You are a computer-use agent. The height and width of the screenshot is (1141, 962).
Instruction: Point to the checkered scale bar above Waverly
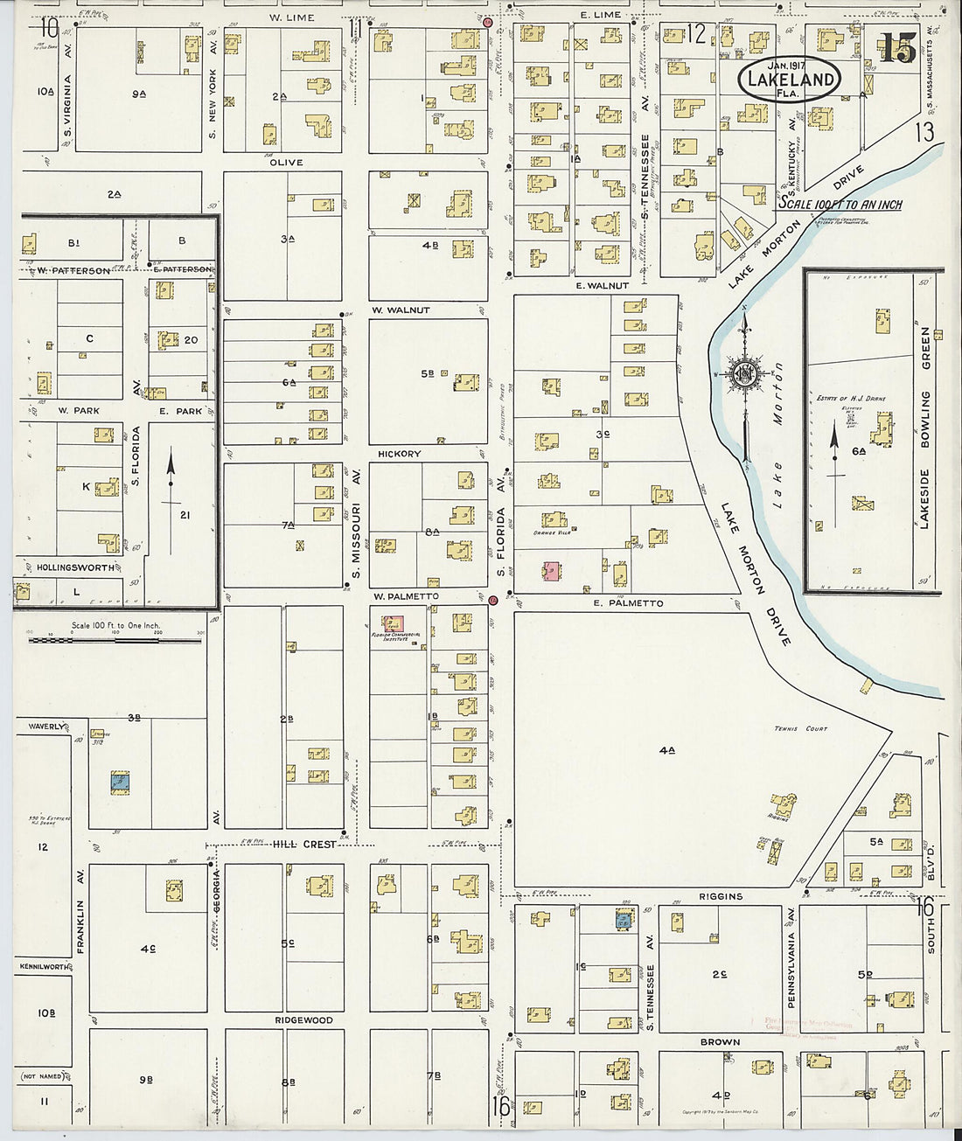115,640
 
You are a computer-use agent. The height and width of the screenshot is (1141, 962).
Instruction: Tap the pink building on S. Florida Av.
552,572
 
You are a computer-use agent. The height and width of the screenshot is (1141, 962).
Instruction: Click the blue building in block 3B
120,782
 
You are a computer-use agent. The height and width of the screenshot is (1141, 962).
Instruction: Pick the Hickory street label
399,454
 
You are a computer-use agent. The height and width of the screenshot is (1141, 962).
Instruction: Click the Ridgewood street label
303,1020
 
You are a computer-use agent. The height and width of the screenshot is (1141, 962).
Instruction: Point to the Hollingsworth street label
75,567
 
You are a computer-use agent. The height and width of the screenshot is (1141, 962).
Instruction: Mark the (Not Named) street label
42,1076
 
